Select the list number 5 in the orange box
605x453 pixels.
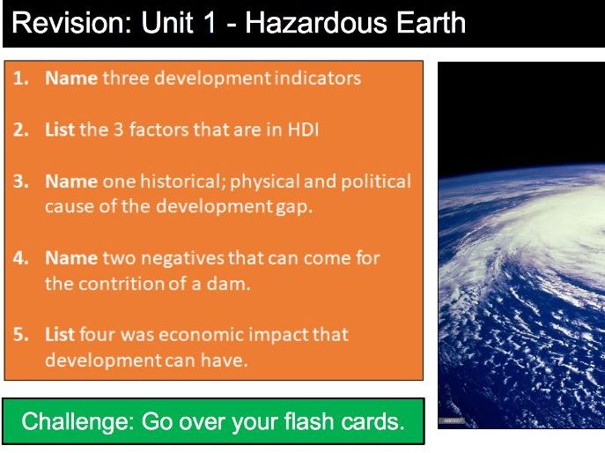pos(20,335)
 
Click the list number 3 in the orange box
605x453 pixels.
pos(20,182)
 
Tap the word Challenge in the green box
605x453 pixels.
pos(72,421)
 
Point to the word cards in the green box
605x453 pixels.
pos(369,421)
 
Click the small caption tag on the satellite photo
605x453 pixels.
pos(452,420)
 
